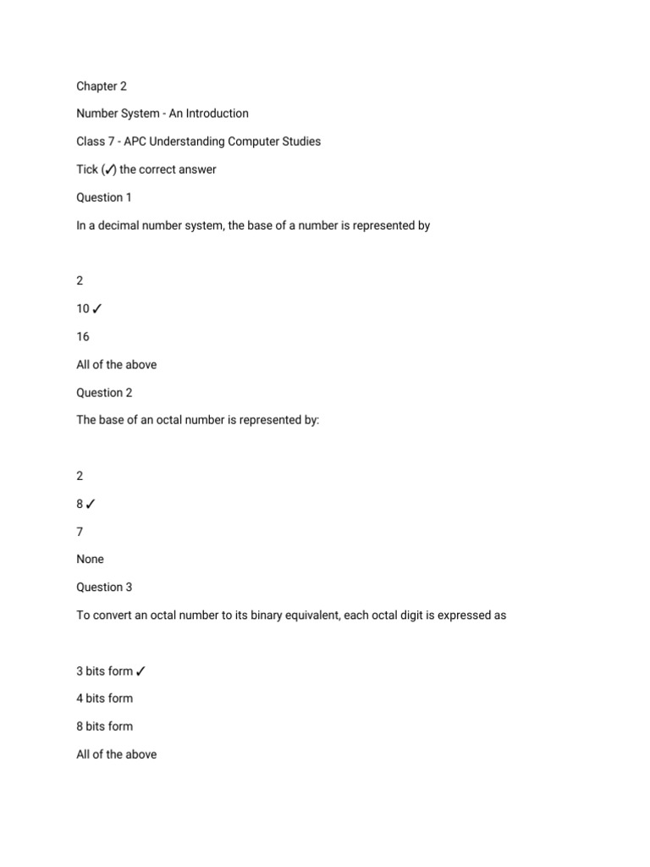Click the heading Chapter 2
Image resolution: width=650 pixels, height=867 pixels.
102,86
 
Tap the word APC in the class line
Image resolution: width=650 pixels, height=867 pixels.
140,141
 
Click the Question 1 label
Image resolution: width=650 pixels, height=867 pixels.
105,197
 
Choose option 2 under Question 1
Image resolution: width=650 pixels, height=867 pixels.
80,281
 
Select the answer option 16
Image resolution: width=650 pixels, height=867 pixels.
83,336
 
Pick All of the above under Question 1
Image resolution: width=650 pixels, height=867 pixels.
116,365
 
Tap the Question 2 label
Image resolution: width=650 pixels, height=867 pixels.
105,392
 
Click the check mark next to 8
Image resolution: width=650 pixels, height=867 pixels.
91,504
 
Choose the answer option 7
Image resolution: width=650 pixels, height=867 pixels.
80,531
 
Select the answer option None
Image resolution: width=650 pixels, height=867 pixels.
91,559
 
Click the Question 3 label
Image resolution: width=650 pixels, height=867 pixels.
105,587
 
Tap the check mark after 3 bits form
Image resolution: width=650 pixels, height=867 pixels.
140,671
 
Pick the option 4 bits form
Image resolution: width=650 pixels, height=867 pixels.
104,699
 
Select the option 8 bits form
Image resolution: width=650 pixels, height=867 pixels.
104,726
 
